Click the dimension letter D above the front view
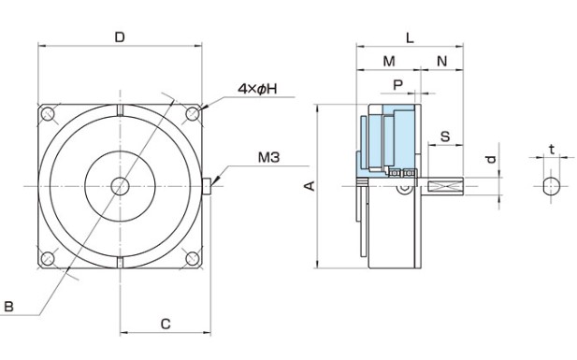pos(120,37)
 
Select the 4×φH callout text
pos(257,89)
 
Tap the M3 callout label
pos(268,157)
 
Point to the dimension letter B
pos(8,307)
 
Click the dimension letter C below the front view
pos(166,324)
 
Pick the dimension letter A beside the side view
pos(310,186)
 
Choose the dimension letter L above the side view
pos(410,37)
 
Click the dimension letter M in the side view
pos(389,61)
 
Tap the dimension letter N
pos(442,61)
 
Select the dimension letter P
pos(398,85)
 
